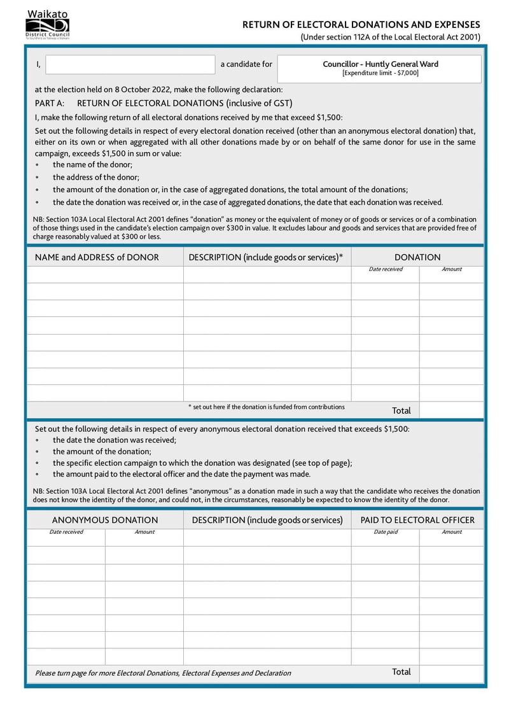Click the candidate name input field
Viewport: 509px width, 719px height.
130,64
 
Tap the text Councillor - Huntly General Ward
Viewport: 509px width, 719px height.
380,64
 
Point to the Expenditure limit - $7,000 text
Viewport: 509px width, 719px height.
380,73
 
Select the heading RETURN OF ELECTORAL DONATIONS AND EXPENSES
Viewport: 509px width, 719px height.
361,24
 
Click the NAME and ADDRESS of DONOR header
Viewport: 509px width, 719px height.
97,257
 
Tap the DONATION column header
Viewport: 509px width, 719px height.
417,257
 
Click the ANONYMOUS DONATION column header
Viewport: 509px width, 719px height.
105,520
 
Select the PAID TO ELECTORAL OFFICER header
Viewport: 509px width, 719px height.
417,520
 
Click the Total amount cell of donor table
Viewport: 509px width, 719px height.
450,410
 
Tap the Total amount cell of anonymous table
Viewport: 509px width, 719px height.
450,673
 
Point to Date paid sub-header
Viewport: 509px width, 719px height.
386,532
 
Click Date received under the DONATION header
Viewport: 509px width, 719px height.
386,269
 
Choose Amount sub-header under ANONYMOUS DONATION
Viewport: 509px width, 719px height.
144,532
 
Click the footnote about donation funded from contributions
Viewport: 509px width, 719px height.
266,407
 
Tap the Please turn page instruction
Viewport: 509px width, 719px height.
163,673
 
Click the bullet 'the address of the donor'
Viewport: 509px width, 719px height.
96,178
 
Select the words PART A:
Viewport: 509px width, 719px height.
50,103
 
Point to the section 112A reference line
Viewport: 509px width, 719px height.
390,38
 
